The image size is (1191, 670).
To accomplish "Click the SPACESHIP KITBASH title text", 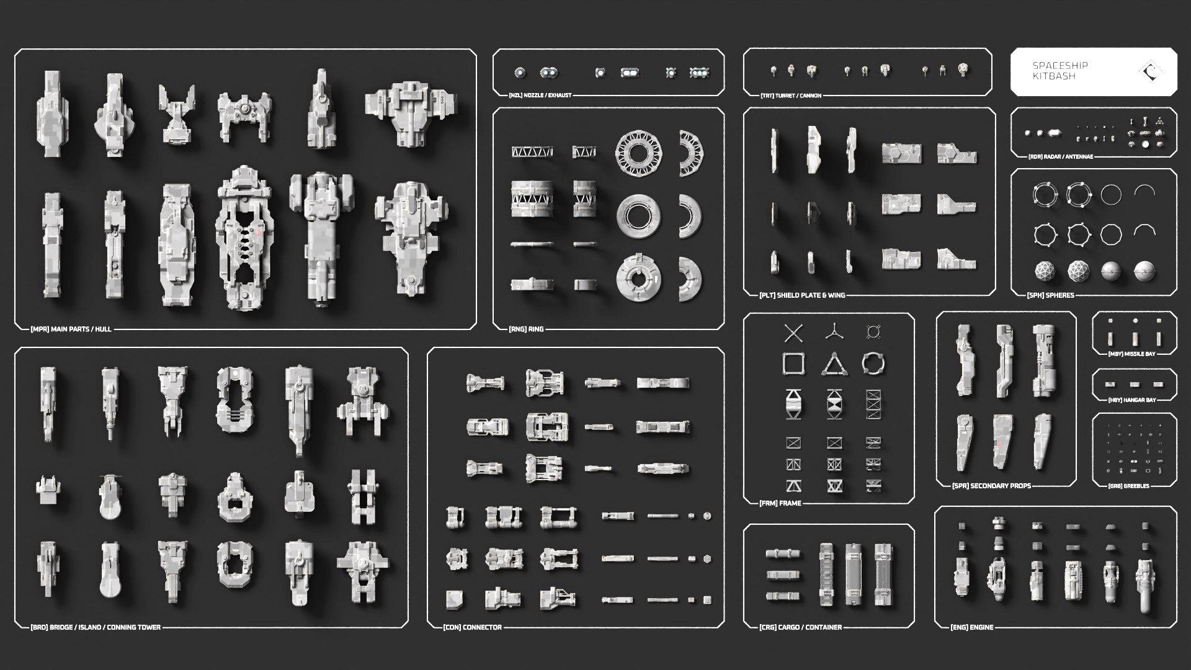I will point(1059,71).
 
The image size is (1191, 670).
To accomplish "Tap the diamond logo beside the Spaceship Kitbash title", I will point(1151,71).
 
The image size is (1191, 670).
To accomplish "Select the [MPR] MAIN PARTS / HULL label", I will point(71,329).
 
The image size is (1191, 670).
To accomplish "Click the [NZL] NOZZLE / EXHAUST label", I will point(540,96).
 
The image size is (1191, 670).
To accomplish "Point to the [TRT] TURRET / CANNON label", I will point(790,96).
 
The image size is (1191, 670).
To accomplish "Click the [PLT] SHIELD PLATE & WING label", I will point(801,295).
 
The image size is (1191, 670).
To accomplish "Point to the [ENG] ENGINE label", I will point(971,627).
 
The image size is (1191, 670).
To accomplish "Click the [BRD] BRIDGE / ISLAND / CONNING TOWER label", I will point(96,627).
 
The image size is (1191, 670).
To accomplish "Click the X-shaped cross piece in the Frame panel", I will point(793,333).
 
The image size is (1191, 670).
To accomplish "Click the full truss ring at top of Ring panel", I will point(638,152).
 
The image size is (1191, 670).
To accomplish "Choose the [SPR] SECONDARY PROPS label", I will point(991,486).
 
